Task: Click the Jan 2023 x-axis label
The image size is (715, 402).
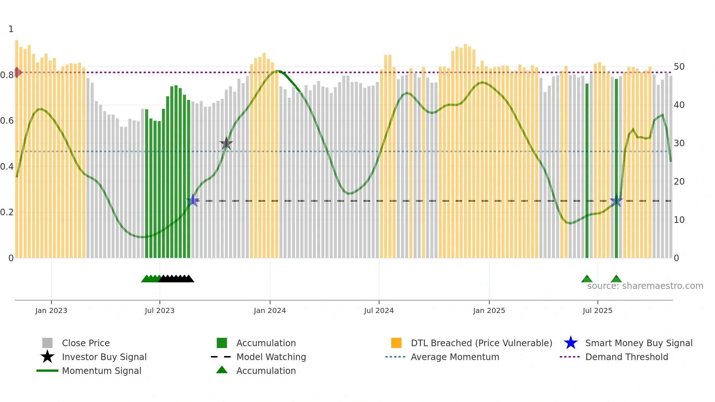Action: [x=51, y=310]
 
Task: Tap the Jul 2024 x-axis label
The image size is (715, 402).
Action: [x=379, y=310]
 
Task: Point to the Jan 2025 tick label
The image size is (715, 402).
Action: [x=489, y=310]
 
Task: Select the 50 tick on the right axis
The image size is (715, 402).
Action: [x=679, y=67]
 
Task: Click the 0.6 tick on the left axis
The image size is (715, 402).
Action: [x=7, y=121]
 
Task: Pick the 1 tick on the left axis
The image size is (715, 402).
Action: [x=11, y=29]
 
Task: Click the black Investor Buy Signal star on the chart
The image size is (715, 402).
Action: [x=226, y=144]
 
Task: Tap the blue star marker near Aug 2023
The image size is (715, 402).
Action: [x=193, y=200]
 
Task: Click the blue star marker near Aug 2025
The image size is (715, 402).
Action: [x=616, y=201]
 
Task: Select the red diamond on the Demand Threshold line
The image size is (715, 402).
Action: [x=17, y=72]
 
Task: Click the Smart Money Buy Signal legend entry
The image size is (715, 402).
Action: [x=638, y=343]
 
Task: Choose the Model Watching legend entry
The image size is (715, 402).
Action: [x=271, y=357]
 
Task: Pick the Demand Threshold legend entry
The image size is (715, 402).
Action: [x=626, y=357]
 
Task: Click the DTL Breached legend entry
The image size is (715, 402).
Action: [x=481, y=343]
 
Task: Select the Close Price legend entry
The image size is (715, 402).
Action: [x=85, y=343]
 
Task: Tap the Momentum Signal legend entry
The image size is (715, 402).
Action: [x=101, y=371]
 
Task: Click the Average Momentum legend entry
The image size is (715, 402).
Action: [x=455, y=357]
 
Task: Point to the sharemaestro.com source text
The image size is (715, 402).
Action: [x=645, y=286]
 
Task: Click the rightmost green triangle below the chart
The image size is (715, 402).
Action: [x=616, y=279]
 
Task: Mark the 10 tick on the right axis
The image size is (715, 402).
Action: [x=679, y=220]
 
